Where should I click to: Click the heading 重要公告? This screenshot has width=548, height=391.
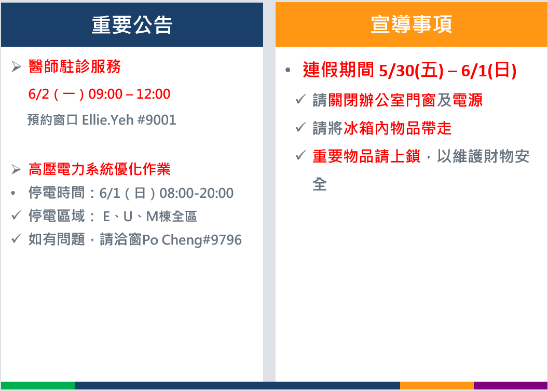pyautogui.click(x=132, y=25)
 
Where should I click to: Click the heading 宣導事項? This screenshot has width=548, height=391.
pyautogui.click(x=412, y=24)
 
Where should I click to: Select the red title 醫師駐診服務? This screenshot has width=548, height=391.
pyautogui.click(x=75, y=66)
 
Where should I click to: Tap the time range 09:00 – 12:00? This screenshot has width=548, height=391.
pyautogui.click(x=129, y=94)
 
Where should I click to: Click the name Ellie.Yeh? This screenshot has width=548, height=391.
pyautogui.click(x=107, y=120)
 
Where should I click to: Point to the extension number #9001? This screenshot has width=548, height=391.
pyautogui.click(x=157, y=120)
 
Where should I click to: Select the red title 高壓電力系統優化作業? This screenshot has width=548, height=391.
pyautogui.click(x=100, y=169)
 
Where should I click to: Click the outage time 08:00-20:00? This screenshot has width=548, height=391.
pyautogui.click(x=196, y=193)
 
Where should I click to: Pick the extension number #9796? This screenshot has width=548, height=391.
pyautogui.click(x=222, y=240)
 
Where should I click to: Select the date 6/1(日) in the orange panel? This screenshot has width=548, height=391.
pyautogui.click(x=489, y=70)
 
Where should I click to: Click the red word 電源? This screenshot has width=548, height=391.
pyautogui.click(x=468, y=100)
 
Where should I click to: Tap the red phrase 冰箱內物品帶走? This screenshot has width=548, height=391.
pyautogui.click(x=398, y=128)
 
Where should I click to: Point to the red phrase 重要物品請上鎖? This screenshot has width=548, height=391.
pyautogui.click(x=366, y=156)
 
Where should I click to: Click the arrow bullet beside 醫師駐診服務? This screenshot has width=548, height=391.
pyautogui.click(x=16, y=66)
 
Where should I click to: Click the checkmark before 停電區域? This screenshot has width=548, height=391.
pyautogui.click(x=17, y=215)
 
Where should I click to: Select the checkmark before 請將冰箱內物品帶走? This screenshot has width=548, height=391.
pyautogui.click(x=300, y=127)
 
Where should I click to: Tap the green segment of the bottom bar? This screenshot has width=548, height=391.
pyautogui.click(x=38, y=385)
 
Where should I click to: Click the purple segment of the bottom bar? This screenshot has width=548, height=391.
pyautogui.click(x=511, y=385)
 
